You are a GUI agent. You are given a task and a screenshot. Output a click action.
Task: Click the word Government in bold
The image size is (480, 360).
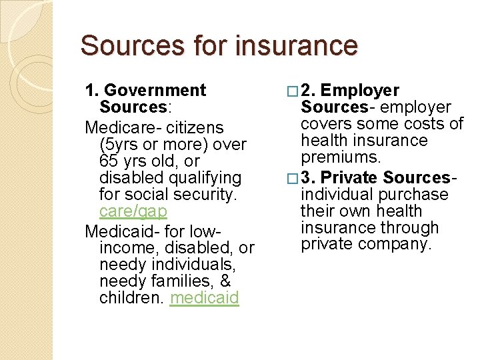pos(155,90)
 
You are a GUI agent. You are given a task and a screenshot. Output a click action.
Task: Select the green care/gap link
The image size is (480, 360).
pos(133,211)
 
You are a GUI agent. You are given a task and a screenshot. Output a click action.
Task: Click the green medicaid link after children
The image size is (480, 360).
pos(204,297)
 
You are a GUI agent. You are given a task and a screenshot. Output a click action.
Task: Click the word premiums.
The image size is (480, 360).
pos(341,157)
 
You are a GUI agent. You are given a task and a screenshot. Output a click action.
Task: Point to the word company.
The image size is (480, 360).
pos(397,244)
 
